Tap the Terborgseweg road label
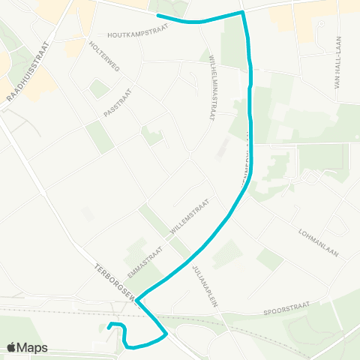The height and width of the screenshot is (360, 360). click(x=115, y=283)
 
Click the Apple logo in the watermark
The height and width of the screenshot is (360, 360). click(x=12, y=347)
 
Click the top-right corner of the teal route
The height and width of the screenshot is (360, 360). click(x=243, y=13)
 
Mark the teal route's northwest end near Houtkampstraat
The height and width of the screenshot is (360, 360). click(x=157, y=16)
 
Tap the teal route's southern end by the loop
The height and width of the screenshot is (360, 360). click(x=109, y=325)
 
